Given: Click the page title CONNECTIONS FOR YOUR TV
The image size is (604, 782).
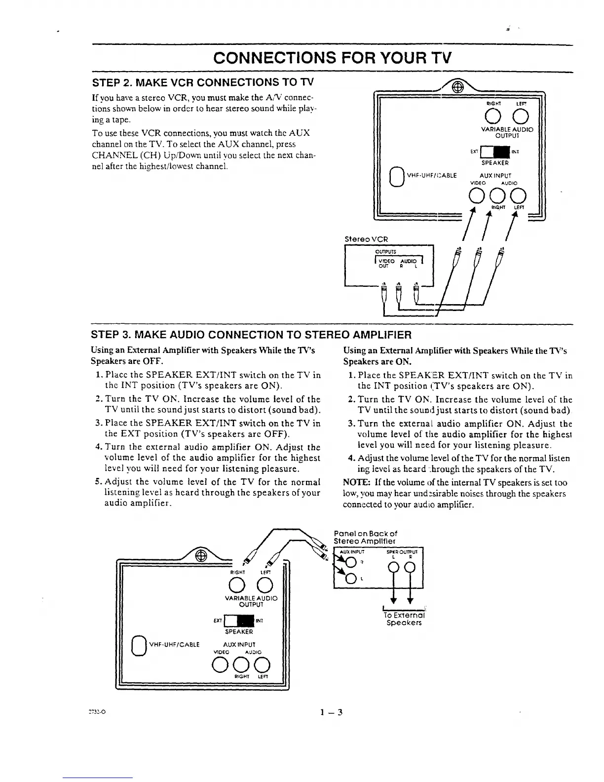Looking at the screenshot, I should pos(332,58).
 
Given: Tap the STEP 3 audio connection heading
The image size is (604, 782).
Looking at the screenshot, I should pos(251,335).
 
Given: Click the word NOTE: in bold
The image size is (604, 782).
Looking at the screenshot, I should pos(353,483).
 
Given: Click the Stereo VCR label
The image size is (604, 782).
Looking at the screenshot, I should pos(366,239).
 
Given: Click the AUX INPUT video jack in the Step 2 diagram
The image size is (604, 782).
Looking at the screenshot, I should pos(477,196).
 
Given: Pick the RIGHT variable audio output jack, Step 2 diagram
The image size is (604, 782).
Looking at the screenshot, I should pos(493,116).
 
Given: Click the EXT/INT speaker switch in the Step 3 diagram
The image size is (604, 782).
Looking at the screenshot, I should pos(239,620).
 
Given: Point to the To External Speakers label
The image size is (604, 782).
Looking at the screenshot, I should pos(404,619).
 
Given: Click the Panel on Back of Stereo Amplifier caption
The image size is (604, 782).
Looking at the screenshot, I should pos(366,537).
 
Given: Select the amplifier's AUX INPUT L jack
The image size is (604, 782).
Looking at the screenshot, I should pos(351,579).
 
